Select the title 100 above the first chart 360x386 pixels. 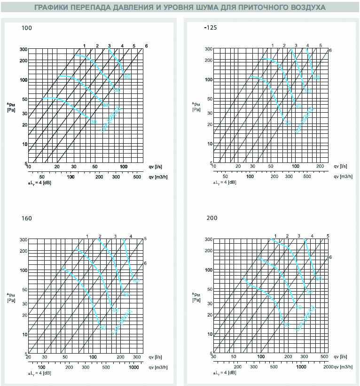[x=27, y=29]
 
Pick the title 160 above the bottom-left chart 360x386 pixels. [x=27, y=218]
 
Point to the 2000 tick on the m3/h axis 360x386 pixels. [x=328, y=366]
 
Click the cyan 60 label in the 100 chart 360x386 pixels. [x=127, y=76]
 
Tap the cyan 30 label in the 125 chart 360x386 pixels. [x=287, y=123]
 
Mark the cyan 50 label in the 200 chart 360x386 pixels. [x=309, y=292]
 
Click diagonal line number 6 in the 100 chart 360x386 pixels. [x=147, y=46]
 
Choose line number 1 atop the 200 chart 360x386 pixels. [x=275, y=235]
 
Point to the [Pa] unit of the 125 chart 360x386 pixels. [x=196, y=110]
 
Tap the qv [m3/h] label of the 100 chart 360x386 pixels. [x=158, y=177]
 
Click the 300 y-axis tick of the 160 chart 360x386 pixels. [x=23, y=239]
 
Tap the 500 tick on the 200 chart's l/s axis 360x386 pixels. [x=324, y=357]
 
